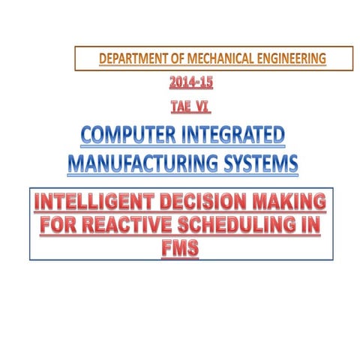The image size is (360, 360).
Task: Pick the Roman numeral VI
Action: pos(202,109)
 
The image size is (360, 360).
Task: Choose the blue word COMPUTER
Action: pos(122,137)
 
